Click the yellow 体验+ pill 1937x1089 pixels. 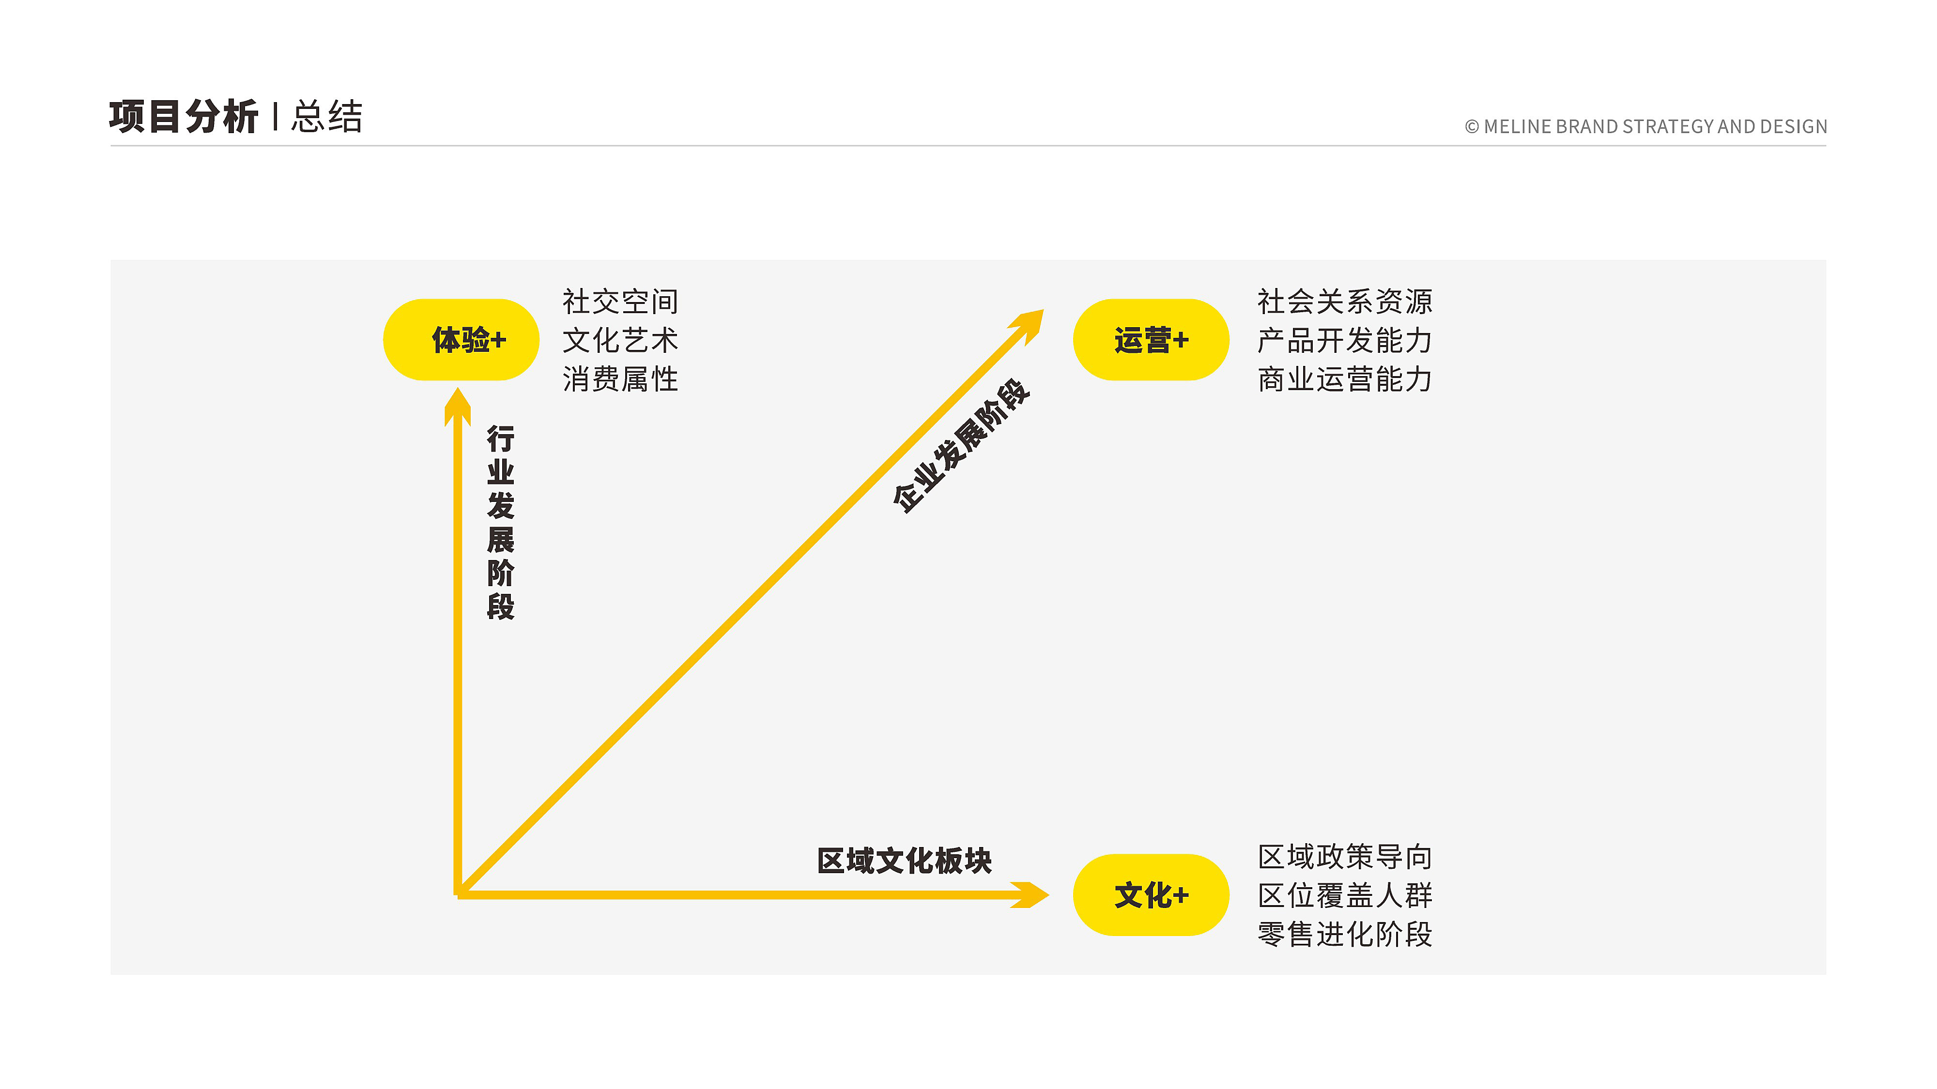(x=461, y=340)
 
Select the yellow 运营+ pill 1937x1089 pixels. (x=1151, y=340)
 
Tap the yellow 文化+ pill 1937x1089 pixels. (x=1151, y=894)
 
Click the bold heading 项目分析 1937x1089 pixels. (x=184, y=117)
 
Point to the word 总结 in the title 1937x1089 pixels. (x=327, y=117)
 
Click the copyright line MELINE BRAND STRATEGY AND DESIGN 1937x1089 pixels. (x=1646, y=126)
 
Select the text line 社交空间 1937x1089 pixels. (x=620, y=302)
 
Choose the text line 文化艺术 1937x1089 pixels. (x=620, y=340)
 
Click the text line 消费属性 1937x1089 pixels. (x=620, y=379)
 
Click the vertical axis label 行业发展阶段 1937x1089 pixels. (x=500, y=522)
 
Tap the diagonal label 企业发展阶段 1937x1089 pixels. (x=960, y=446)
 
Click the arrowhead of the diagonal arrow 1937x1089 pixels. (x=1030, y=324)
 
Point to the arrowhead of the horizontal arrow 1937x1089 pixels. (x=1030, y=894)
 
